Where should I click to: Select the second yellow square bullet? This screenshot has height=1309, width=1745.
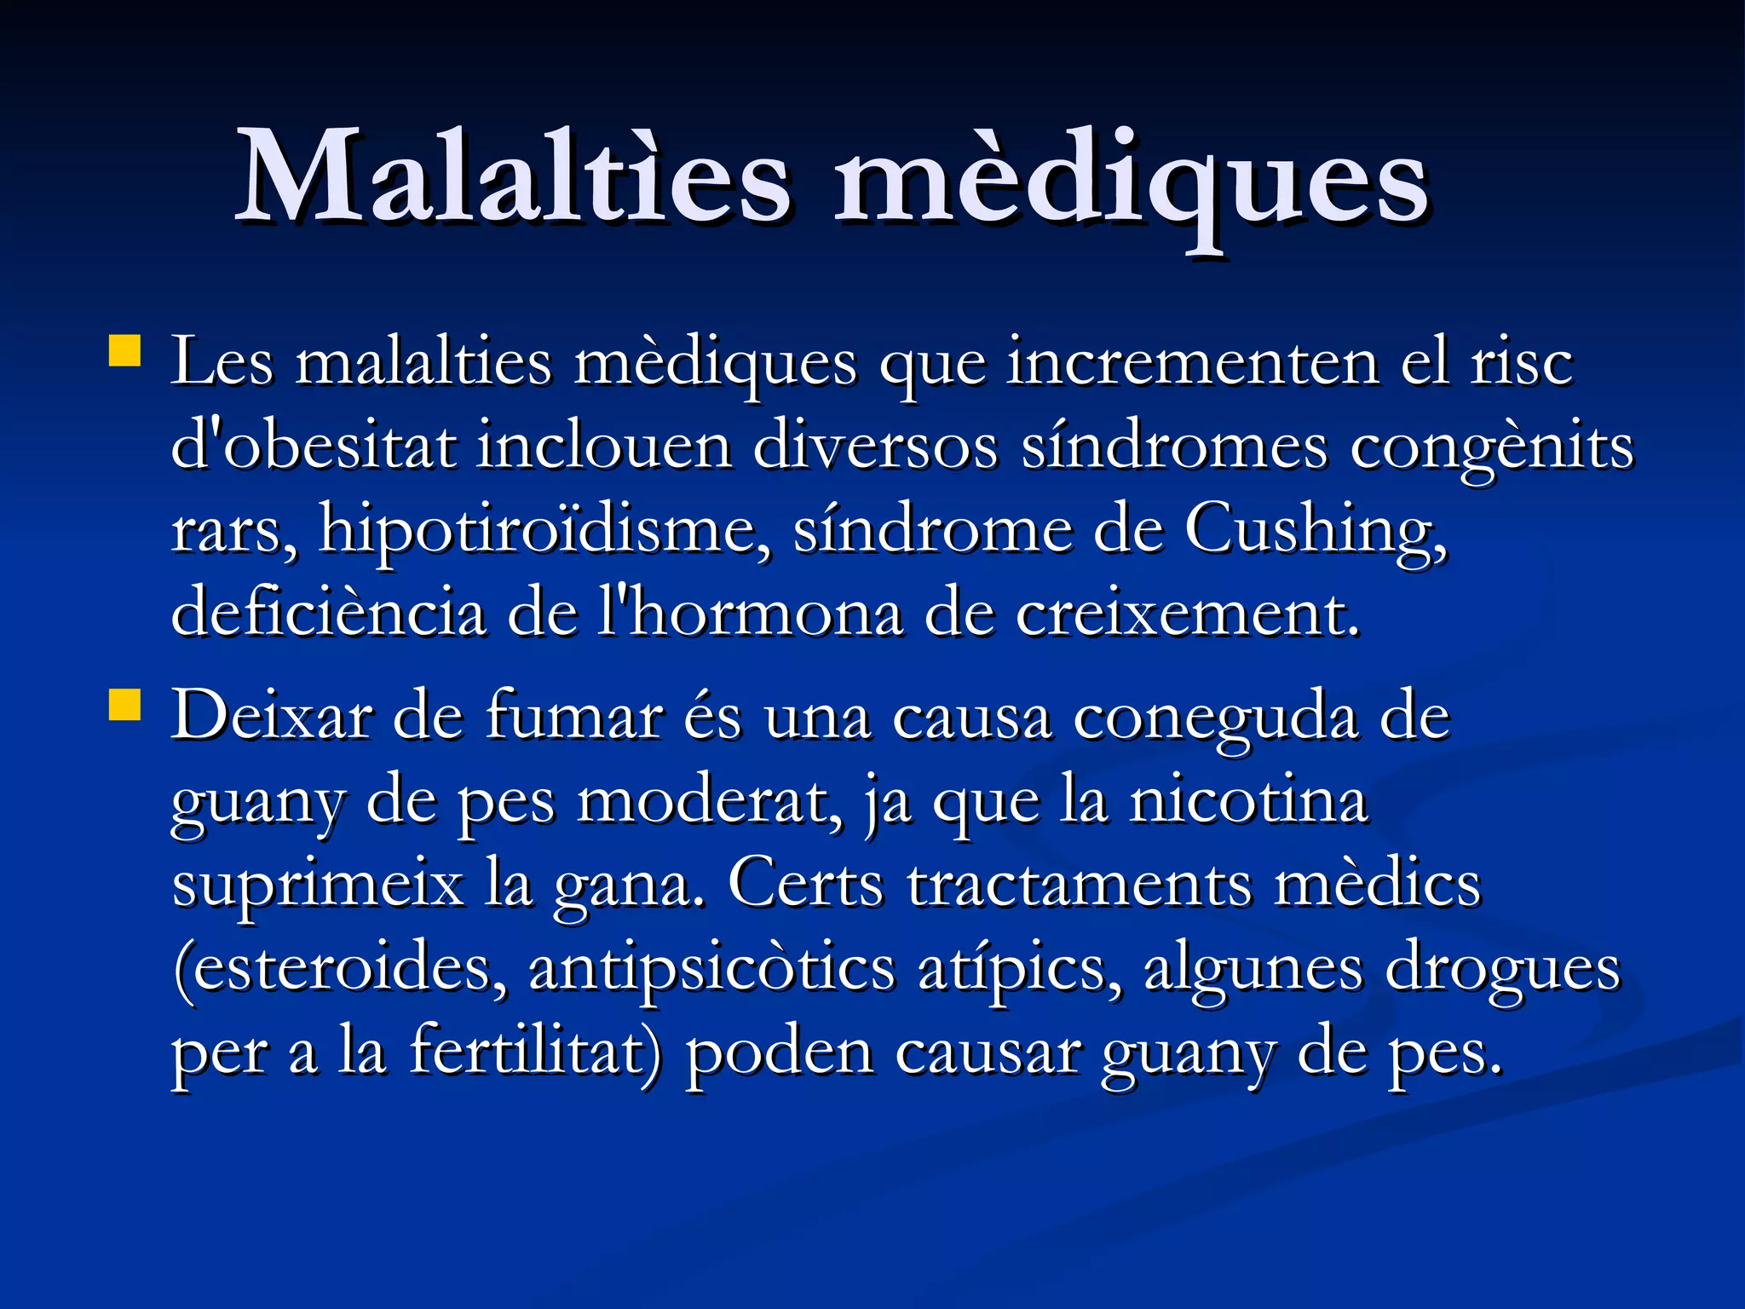(x=124, y=706)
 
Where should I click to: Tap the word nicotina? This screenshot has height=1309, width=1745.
(x=1248, y=801)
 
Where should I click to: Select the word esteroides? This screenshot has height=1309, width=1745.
(x=341, y=970)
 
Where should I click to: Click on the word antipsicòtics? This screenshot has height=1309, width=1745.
(x=712, y=970)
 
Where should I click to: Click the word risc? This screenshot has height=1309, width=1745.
(x=1522, y=363)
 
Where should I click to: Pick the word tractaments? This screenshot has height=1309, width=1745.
(x=1079, y=885)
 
